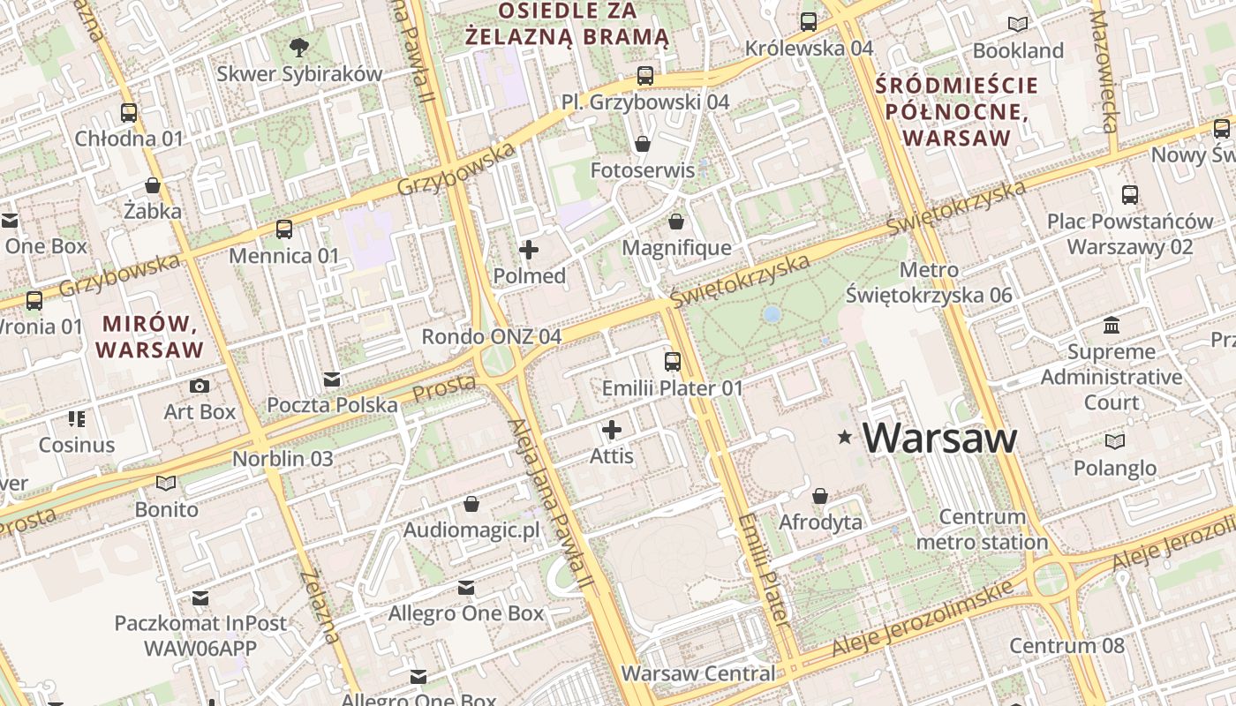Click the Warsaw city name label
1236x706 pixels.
(x=939, y=438)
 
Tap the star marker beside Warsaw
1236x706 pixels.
(x=845, y=437)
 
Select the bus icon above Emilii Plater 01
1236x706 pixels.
(x=673, y=361)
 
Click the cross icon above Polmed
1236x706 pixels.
(x=529, y=250)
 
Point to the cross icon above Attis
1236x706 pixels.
(x=612, y=430)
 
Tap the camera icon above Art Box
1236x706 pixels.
(x=200, y=386)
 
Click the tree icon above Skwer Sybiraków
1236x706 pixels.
(x=299, y=47)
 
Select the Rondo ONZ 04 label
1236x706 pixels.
(x=491, y=336)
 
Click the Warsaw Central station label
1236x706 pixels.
(x=697, y=673)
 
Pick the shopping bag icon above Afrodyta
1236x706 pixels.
(x=820, y=496)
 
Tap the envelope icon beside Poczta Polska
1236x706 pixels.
(x=332, y=379)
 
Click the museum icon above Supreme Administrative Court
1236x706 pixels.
(x=1112, y=326)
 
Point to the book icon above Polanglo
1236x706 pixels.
(x=1116, y=441)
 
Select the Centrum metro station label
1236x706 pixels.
(x=982, y=529)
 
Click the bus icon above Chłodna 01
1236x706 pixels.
(x=129, y=112)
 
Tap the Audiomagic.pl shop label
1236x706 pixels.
(x=471, y=530)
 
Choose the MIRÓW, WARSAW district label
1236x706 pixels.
(x=149, y=336)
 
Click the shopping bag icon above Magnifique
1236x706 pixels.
(x=676, y=222)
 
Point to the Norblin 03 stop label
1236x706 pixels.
(x=283, y=459)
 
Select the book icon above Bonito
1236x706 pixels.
(x=166, y=483)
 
